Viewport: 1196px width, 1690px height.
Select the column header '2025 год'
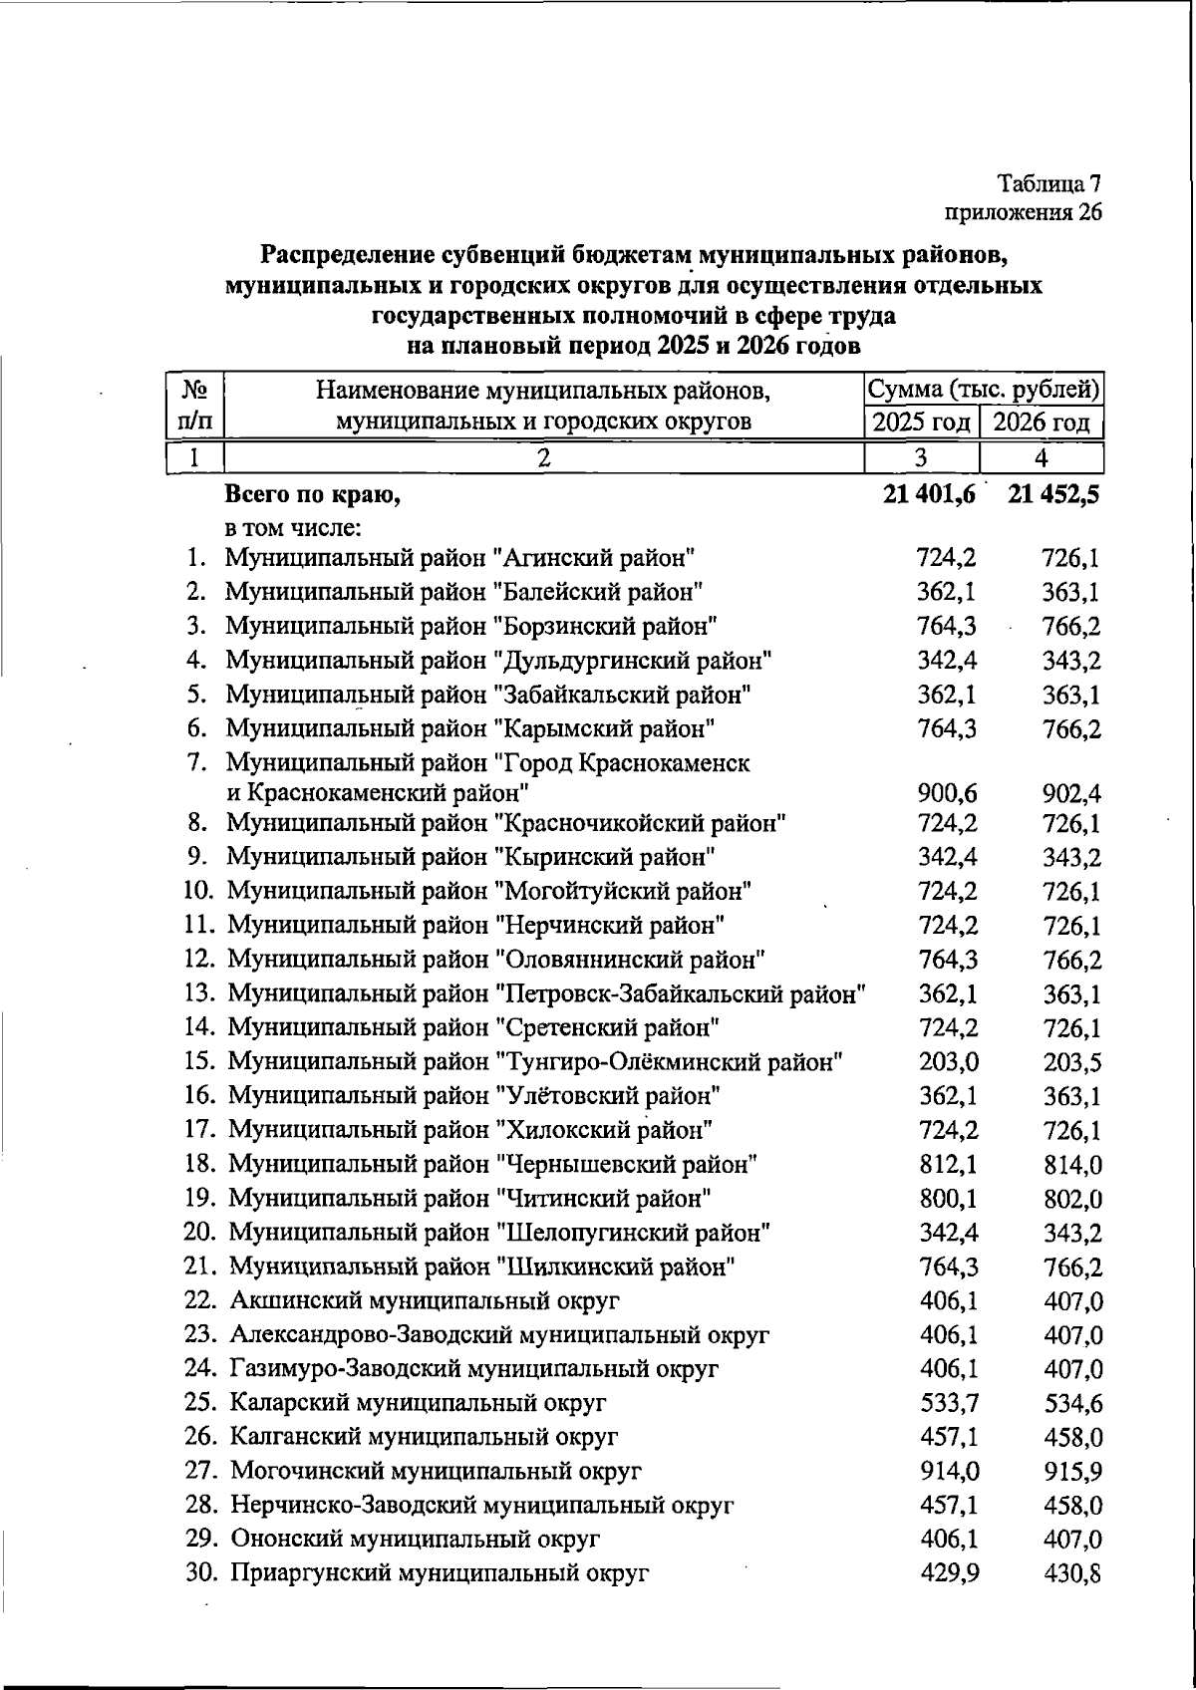pos(921,422)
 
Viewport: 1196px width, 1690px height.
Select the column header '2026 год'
pos(1042,422)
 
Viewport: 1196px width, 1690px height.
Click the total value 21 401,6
pos(929,493)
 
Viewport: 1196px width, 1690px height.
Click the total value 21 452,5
pos(1052,493)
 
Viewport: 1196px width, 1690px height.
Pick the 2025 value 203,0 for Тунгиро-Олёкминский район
pos(948,1062)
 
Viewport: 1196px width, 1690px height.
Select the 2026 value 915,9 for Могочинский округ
pos(1072,1472)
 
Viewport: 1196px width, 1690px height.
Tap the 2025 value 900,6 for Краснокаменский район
pos(947,794)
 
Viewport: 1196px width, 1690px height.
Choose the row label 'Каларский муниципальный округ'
pos(418,1403)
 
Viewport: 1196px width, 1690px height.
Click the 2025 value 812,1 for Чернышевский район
pos(948,1164)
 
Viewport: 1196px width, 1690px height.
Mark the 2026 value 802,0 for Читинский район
pos(1072,1199)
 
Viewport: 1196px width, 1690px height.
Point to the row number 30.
pos(202,1573)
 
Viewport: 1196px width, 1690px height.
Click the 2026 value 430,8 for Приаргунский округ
pos(1072,1574)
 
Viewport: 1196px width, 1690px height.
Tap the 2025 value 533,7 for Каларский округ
pos(948,1403)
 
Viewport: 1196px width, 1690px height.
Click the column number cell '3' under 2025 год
pos(921,458)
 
